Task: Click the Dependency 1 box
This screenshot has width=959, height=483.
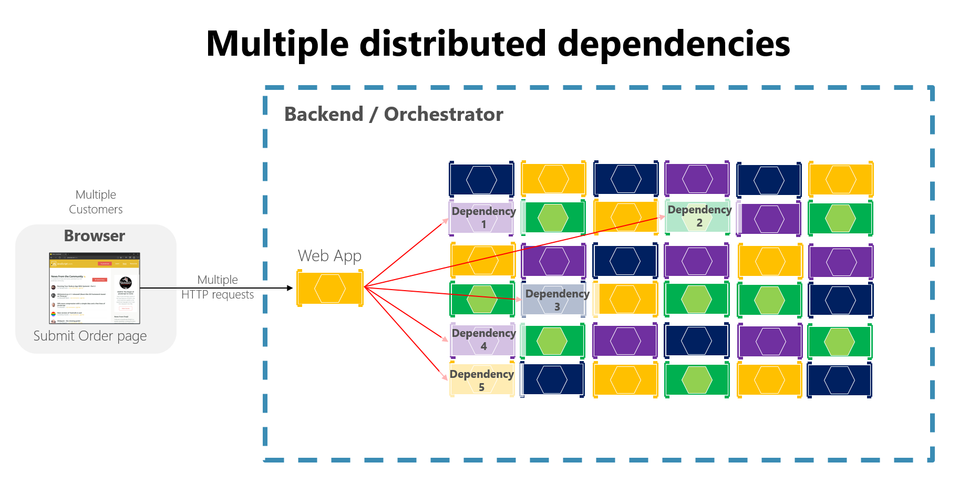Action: point(482,218)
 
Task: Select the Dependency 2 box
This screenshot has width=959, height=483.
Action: point(698,217)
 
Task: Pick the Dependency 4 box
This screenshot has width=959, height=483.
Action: point(482,340)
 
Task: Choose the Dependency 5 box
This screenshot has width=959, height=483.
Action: point(482,380)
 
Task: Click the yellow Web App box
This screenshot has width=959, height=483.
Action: point(329,288)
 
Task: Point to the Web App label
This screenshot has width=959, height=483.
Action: point(329,256)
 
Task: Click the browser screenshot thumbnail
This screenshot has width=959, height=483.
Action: point(95,288)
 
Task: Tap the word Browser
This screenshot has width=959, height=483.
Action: point(95,236)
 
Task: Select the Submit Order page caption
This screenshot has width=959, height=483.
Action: point(90,336)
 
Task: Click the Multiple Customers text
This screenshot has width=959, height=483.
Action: point(96,202)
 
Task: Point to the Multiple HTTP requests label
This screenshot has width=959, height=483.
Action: point(218,287)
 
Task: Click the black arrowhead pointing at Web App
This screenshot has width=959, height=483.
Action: point(290,288)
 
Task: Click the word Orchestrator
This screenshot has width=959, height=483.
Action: point(444,114)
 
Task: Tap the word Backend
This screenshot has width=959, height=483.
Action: point(324,114)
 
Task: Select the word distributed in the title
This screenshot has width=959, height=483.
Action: point(453,44)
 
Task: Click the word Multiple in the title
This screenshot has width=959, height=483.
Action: point(277,44)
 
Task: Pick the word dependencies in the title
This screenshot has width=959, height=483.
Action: point(674,44)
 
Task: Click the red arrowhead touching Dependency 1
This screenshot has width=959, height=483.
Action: point(446,221)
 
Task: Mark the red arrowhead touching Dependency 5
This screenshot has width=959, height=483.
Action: point(445,377)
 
